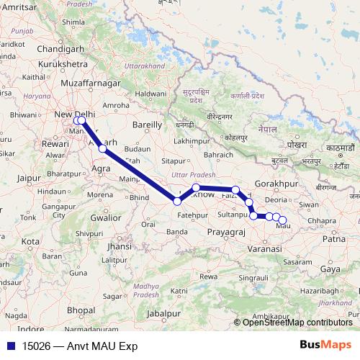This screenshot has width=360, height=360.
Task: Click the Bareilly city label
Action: (x=148, y=124)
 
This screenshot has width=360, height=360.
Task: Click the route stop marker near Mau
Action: (x=282, y=220)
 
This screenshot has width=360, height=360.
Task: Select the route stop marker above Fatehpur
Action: (x=177, y=201)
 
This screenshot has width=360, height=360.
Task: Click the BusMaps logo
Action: (x=325, y=345)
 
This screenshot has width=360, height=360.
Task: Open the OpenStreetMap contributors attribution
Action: (x=297, y=322)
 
